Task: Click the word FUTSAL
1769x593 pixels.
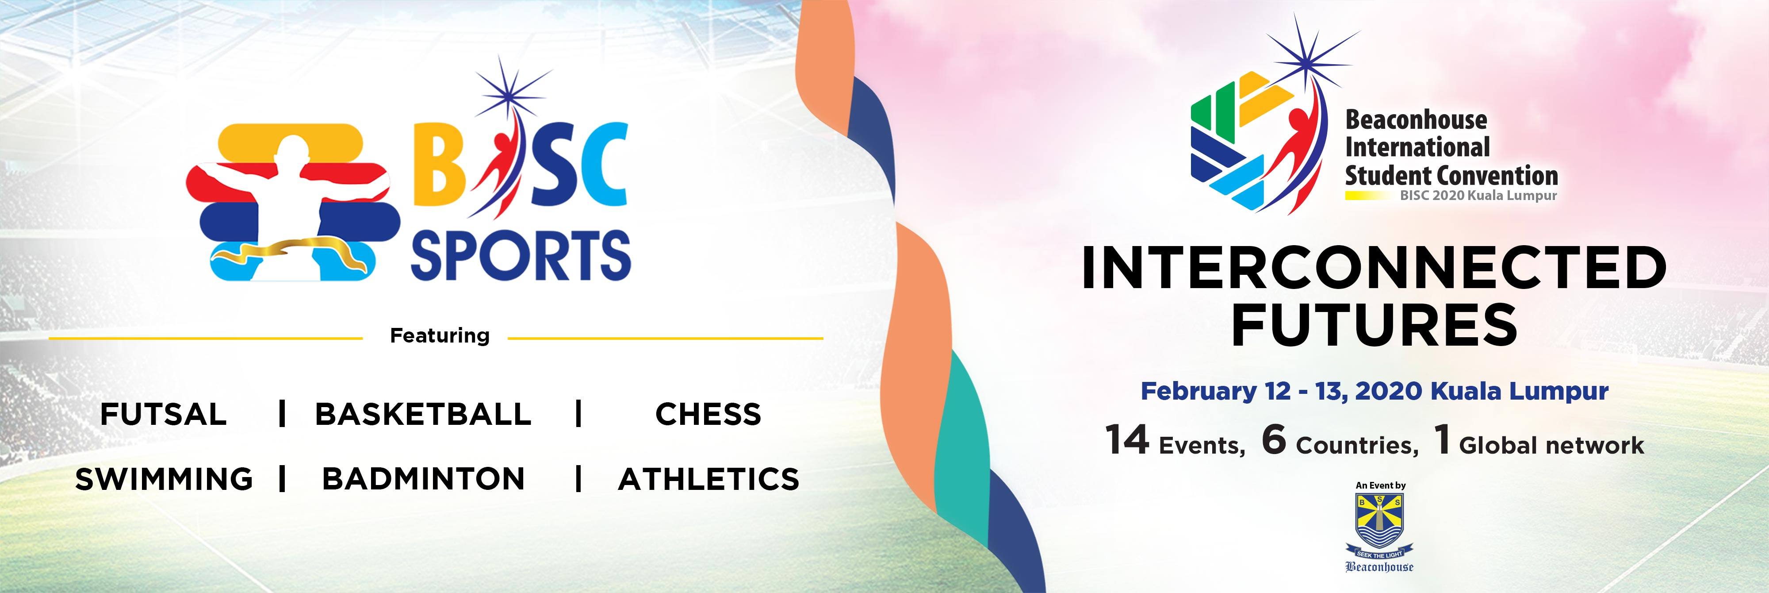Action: tap(164, 414)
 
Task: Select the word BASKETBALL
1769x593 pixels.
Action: tap(423, 414)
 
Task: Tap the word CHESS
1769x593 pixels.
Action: tap(708, 414)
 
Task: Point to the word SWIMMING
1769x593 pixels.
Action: tap(164, 479)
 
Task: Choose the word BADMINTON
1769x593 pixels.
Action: tap(423, 479)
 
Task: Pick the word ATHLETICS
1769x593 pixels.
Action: tap(708, 479)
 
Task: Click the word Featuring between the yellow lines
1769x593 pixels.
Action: tap(440, 335)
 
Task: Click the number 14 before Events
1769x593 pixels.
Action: tap(1127, 440)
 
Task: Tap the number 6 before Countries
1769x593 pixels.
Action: tap(1274, 440)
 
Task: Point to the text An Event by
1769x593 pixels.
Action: tap(1380, 485)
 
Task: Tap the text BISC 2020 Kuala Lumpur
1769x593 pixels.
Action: tap(1478, 196)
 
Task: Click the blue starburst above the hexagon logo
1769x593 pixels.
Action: tap(1304, 58)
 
